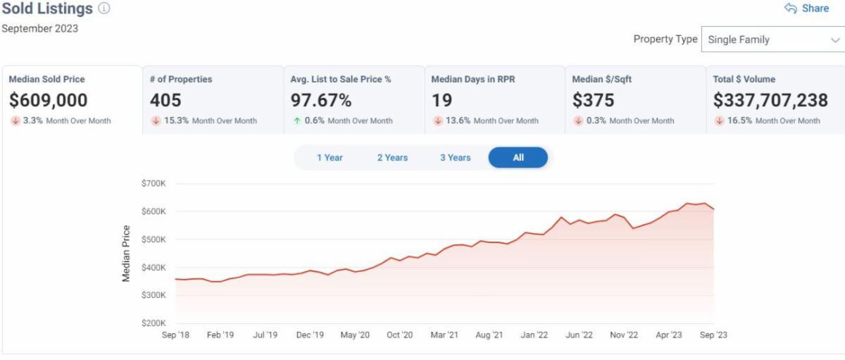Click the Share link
tap(807, 8)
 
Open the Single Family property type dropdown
tap(772, 39)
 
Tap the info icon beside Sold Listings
tap(104, 8)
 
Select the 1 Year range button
tap(330, 158)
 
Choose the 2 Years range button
tap(392, 158)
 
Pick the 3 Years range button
tap(456, 158)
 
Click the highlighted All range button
tap(518, 158)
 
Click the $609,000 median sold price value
tap(49, 100)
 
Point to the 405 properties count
tap(165, 100)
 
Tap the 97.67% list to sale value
tap(321, 100)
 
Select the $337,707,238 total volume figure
tap(770, 100)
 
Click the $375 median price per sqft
tap(594, 100)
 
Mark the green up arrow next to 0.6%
tap(297, 120)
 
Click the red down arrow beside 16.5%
tap(720, 120)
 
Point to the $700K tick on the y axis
tap(154, 183)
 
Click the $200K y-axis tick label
tap(154, 323)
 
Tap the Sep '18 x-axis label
tap(175, 335)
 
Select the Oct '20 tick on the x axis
tap(399, 335)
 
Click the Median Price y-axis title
tap(127, 254)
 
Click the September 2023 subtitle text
tap(40, 29)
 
